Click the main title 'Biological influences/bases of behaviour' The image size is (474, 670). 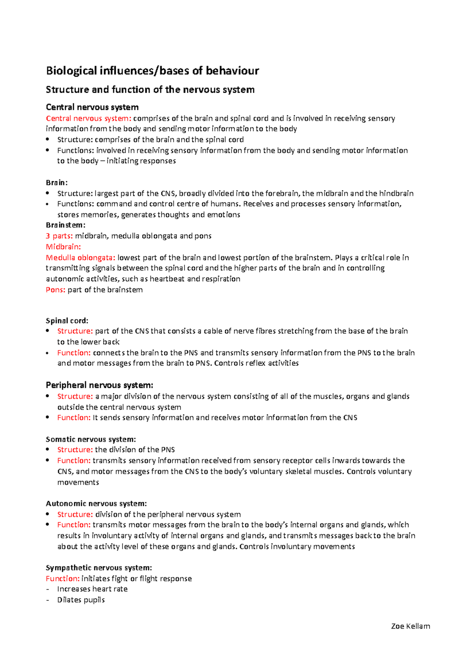pos(152,71)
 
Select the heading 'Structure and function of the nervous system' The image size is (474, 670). pos(150,90)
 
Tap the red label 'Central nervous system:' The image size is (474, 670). pos(88,118)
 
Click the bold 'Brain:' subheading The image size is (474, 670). pos(57,182)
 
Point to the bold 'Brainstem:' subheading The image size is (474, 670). pos(66,225)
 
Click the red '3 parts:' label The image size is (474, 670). pos(59,236)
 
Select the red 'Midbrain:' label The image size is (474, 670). pos(63,247)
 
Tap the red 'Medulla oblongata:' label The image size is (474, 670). pos(81,258)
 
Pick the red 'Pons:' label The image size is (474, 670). pos(56,290)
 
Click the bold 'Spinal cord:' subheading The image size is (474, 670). pos(67,320)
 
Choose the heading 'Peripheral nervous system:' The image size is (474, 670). pos(100,385)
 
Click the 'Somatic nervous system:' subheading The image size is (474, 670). pos(91,439)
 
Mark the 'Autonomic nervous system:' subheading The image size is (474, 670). pos(96,503)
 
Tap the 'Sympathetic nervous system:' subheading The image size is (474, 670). pos(99,568)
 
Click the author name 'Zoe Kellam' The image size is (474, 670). pos(410,626)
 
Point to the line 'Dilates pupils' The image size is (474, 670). pos(81,600)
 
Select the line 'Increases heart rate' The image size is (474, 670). pos(92,589)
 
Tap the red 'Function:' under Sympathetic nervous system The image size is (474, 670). pos(63,578)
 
